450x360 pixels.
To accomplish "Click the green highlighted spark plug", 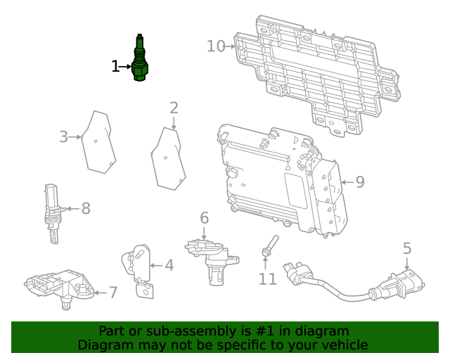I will click(140, 59).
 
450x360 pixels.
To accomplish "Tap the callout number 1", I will click(116, 67).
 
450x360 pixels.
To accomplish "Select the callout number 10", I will click(216, 46).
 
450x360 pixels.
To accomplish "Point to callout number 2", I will click(174, 108).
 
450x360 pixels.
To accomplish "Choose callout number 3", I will click(63, 136).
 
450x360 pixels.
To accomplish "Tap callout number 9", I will click(359, 182).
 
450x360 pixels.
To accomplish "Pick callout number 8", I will click(86, 208).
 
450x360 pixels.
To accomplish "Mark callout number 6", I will click(204, 218).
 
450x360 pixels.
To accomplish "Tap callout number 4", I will click(169, 265).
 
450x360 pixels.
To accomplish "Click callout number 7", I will click(113, 292).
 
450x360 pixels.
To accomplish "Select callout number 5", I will click(407, 247).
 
